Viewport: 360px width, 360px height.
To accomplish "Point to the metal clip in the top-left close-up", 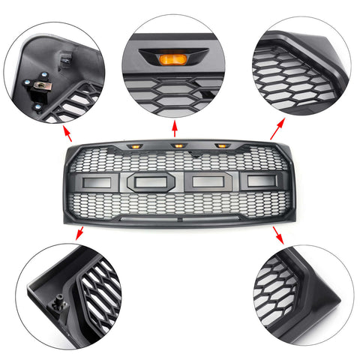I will coord(37,88).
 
